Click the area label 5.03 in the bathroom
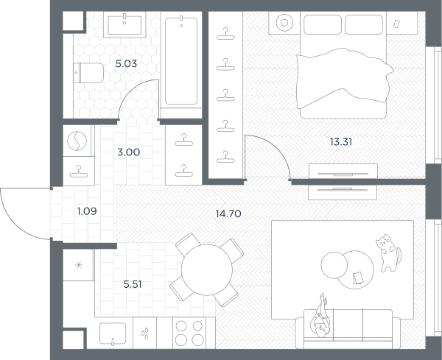pyautogui.click(x=126, y=63)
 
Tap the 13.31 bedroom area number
pyautogui.click(x=341, y=141)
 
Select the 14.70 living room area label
pyautogui.click(x=228, y=213)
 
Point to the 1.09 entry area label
pyautogui.click(x=87, y=211)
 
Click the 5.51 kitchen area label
pyautogui.click(x=133, y=284)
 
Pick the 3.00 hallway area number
pyautogui.click(x=128, y=152)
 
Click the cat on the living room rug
pyautogui.click(x=388, y=253)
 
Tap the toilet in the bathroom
pyautogui.click(x=88, y=73)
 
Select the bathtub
pyautogui.click(x=181, y=60)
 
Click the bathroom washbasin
pyautogui.click(x=124, y=25)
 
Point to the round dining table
pyautogui.click(x=206, y=269)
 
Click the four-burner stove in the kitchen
pyautogui.click(x=189, y=333)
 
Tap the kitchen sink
pyautogui.click(x=113, y=333)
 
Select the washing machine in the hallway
pyautogui.click(x=77, y=141)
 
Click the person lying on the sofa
pyautogui.click(x=320, y=316)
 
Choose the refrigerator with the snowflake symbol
pyautogui.click(x=78, y=265)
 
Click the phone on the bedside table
pyautogui.click(x=396, y=24)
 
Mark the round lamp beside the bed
pyautogui.click(x=284, y=23)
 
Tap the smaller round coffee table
pyautogui.click(x=334, y=265)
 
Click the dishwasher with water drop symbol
pyautogui.click(x=144, y=333)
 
